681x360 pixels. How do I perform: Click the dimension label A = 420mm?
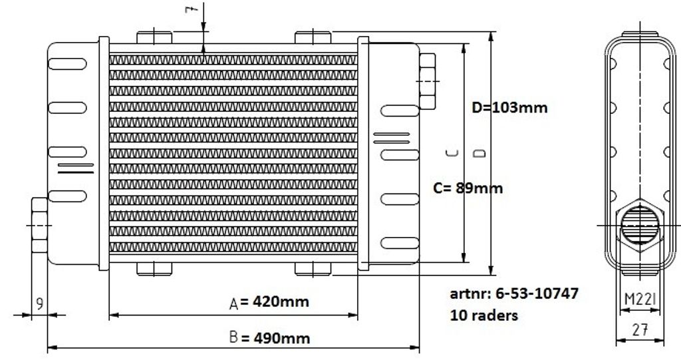tap(269, 301)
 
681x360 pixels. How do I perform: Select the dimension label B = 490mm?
tap(269, 337)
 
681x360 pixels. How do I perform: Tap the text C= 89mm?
tap(468, 188)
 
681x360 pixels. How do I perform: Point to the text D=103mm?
tap(509, 107)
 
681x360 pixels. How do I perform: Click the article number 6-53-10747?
tap(537, 293)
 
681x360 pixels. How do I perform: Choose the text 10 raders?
tap(484, 315)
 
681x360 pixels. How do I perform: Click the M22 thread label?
tap(640, 299)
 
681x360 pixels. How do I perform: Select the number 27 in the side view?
tap(640, 330)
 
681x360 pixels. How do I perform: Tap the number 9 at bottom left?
tap(39, 303)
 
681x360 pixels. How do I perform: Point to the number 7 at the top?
tap(192, 9)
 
